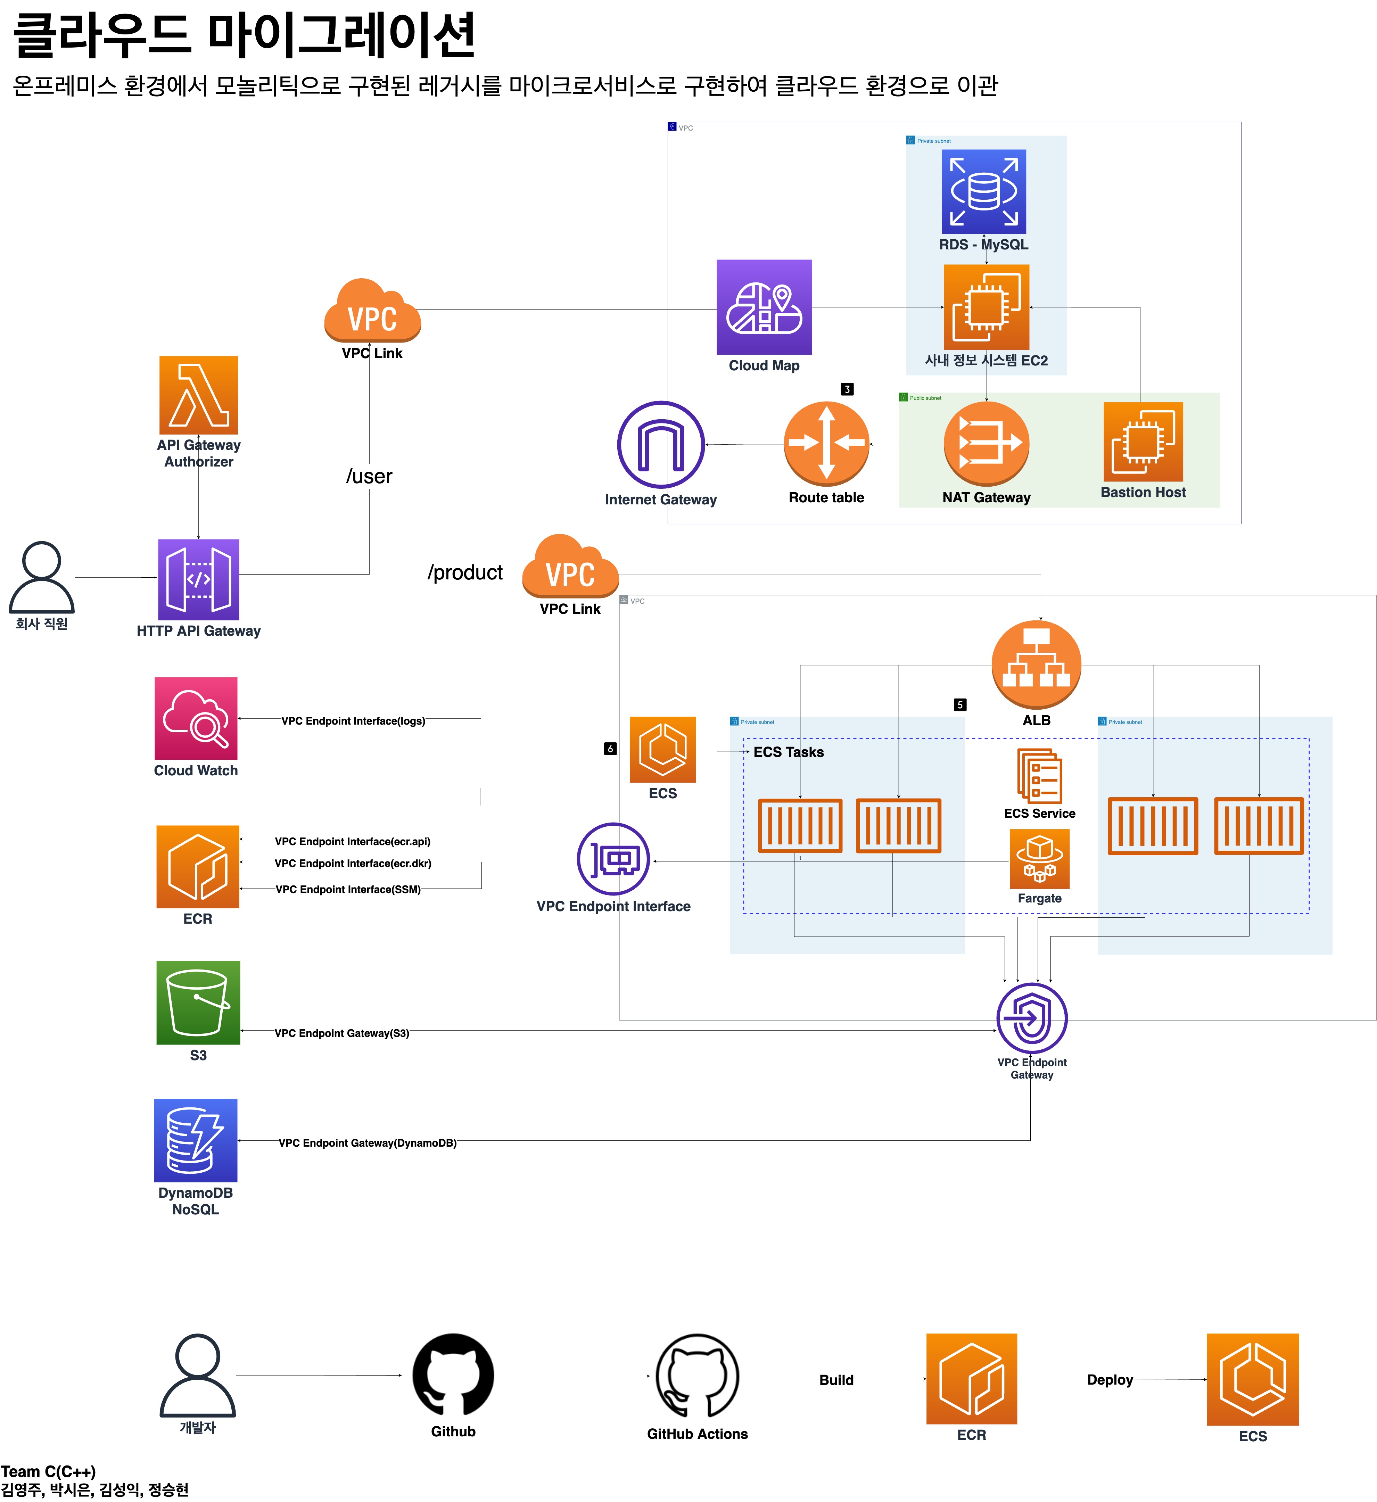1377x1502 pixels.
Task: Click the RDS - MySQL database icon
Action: [983, 191]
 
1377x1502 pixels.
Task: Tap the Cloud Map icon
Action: [764, 307]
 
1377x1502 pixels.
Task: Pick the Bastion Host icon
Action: [1143, 442]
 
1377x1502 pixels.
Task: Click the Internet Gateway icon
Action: [661, 445]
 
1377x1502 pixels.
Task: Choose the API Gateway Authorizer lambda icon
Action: [198, 395]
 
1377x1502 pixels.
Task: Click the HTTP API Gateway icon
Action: [198, 579]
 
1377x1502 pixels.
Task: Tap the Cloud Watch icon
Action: [196, 718]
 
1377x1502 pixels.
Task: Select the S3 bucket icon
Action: [198, 1002]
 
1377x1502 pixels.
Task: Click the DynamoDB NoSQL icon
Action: [196, 1140]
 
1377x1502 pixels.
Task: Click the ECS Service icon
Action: [1039, 776]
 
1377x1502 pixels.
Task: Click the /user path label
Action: [369, 476]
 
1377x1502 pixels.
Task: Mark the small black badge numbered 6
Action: [610, 749]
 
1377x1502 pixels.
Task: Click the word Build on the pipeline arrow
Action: [836, 1380]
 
